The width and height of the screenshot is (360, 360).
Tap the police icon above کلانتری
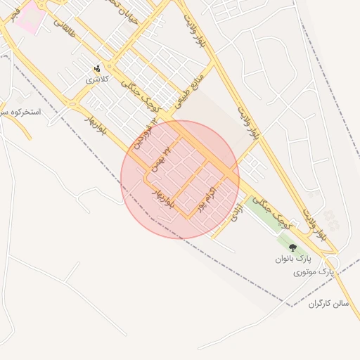97,68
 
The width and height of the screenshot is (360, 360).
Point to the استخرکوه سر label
21,112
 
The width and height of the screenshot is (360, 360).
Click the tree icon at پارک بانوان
292,247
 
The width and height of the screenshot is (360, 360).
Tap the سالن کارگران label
328,303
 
